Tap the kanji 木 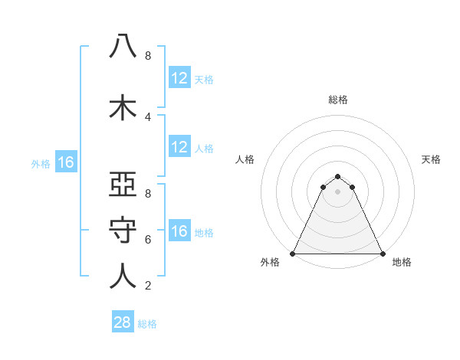click(123, 107)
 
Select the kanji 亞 click(123, 185)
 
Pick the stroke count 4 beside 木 click(148, 117)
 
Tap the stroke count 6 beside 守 click(148, 240)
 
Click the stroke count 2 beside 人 click(148, 286)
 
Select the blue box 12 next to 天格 click(179, 78)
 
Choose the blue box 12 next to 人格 click(179, 148)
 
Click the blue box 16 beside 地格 click(179, 231)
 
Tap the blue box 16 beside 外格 click(66, 162)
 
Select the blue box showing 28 click(123, 322)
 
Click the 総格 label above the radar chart click(338, 100)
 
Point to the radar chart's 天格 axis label click(431, 159)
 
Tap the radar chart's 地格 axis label click(402, 263)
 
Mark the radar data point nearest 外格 click(293, 254)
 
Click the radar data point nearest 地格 click(383, 254)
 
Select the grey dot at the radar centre click(338, 191)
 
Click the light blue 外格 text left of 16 click(41, 163)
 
